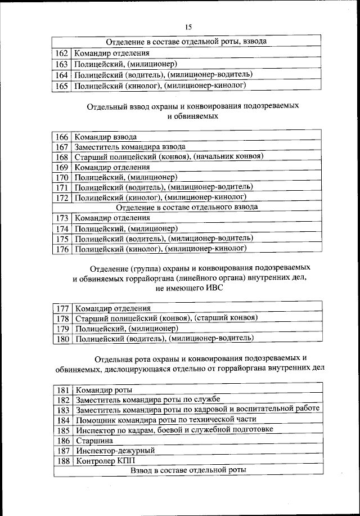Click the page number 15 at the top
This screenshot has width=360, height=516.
(188, 27)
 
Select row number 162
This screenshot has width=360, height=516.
(62, 53)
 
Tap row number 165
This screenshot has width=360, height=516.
(62, 86)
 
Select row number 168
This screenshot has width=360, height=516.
(62, 157)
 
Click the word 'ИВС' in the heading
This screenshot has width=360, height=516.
(212, 288)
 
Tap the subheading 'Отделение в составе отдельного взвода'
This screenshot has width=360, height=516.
(187, 207)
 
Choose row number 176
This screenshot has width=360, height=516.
(62, 249)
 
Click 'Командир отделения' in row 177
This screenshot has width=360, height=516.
(112, 308)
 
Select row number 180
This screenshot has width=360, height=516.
(62, 338)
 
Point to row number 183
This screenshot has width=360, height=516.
(63, 410)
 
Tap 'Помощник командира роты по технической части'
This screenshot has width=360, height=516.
(166, 419)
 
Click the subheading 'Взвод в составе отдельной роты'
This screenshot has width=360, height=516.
(188, 470)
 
